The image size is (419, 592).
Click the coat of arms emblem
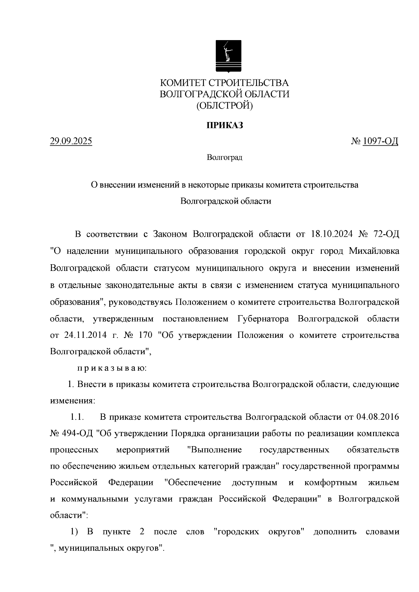228,56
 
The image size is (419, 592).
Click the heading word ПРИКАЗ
225,126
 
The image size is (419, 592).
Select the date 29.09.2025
71,142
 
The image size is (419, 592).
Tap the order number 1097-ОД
380,142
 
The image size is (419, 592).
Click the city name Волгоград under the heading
225,158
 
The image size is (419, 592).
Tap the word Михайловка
374,251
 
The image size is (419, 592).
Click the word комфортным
331,483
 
